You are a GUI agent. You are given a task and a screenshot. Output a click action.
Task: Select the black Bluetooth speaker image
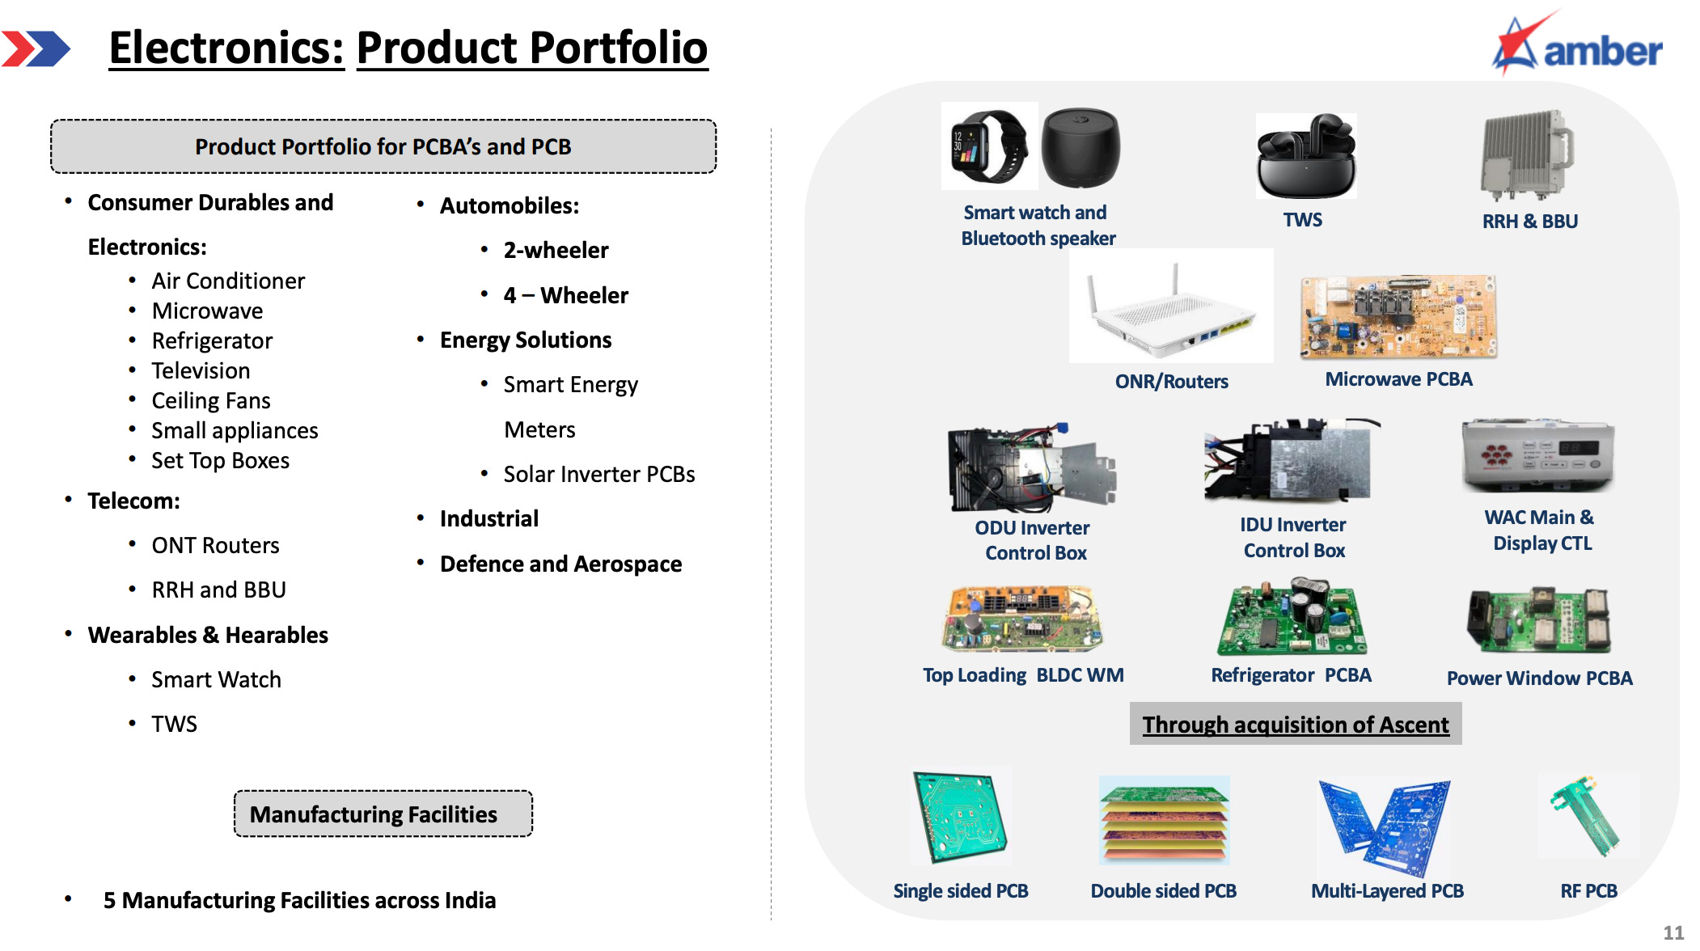coord(1080,148)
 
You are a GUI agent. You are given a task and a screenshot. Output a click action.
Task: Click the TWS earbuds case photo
coord(1305,157)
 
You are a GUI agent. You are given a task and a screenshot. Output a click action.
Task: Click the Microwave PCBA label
coord(1398,379)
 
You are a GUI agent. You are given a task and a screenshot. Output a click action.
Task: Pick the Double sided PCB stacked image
coord(1164,820)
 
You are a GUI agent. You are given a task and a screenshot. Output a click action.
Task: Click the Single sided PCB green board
coord(961,816)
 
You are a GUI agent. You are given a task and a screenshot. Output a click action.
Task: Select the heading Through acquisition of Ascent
coord(1295,725)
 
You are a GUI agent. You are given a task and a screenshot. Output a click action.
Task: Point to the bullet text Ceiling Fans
coord(211,401)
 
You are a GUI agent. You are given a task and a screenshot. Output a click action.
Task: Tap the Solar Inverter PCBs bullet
coord(598,475)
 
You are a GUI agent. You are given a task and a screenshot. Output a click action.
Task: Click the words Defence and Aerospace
coord(560,564)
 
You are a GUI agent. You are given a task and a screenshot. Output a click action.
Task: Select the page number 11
coord(1673,932)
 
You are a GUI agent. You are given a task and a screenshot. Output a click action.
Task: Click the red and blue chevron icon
coord(36,49)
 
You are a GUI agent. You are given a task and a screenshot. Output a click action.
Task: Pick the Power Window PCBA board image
coord(1538,621)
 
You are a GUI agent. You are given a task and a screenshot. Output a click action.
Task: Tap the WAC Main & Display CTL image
coord(1537,455)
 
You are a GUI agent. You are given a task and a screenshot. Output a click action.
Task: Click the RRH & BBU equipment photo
coord(1527,155)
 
